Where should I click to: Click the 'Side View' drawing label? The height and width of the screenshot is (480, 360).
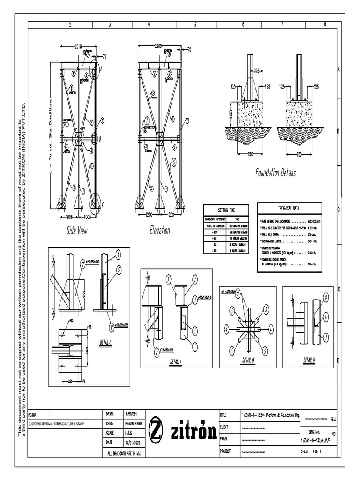click(76, 231)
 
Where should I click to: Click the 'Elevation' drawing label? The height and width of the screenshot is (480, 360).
click(160, 231)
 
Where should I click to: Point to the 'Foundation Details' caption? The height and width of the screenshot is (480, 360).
click(276, 173)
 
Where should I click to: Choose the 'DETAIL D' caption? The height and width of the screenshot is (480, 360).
click(248, 360)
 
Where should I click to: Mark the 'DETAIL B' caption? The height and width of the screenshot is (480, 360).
click(308, 360)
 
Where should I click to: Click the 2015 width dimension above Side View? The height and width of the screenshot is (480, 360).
click(78, 46)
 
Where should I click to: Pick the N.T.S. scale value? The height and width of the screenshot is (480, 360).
click(129, 433)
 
